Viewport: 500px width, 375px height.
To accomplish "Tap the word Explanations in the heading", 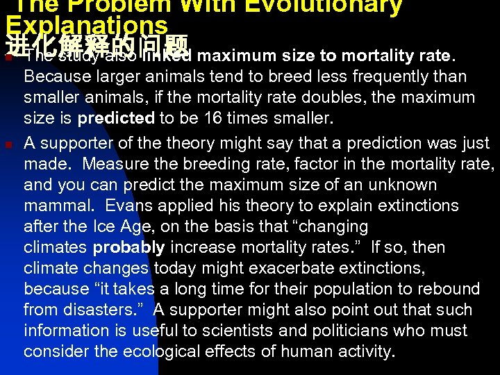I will (x=87, y=25).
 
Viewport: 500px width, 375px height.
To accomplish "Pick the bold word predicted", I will (x=116, y=118).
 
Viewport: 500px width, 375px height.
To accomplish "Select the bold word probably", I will (x=129, y=247).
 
